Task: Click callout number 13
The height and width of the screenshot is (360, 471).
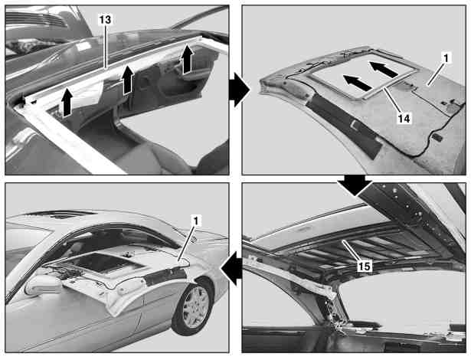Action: (x=105, y=20)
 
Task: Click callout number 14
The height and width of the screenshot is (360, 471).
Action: (x=404, y=119)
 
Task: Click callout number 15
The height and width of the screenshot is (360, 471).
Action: (x=364, y=266)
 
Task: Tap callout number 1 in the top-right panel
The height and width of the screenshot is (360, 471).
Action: (x=446, y=58)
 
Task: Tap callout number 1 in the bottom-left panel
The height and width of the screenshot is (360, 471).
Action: (x=195, y=221)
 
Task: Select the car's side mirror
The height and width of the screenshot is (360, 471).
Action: (x=43, y=285)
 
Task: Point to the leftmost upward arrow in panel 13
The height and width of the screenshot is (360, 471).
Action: (x=67, y=103)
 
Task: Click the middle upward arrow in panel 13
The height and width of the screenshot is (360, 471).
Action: (x=128, y=79)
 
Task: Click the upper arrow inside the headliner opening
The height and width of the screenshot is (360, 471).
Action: (x=383, y=70)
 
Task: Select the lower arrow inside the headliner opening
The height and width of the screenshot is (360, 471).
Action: (x=357, y=83)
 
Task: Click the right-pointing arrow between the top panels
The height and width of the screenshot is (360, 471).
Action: (x=239, y=90)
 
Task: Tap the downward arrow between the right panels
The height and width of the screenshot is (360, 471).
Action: (x=355, y=185)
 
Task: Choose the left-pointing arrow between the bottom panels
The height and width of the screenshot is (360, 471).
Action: (x=231, y=268)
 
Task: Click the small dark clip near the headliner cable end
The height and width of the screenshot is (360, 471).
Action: (x=437, y=137)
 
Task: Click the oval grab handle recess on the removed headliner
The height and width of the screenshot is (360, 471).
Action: (x=295, y=90)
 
